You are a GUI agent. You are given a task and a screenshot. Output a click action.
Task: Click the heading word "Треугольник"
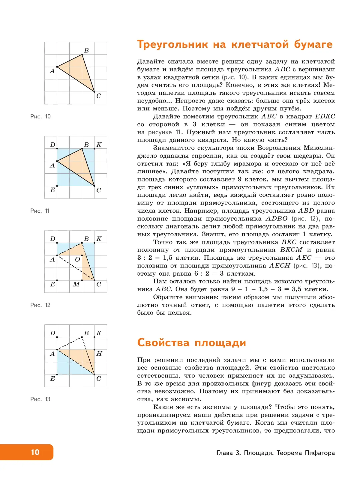(172, 45)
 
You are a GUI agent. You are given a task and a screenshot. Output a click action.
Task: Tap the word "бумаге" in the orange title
(313, 44)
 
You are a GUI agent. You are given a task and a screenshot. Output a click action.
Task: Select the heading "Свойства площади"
(191, 342)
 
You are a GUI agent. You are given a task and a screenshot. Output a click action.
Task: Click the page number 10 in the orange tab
(35, 452)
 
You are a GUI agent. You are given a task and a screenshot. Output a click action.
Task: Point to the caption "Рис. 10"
(40, 116)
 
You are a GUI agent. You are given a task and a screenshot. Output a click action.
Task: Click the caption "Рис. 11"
(40, 211)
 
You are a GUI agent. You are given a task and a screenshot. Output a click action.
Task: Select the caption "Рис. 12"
(40, 305)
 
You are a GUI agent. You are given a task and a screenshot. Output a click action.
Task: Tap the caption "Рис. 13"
(40, 399)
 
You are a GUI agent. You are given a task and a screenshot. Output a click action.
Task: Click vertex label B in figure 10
(86, 50)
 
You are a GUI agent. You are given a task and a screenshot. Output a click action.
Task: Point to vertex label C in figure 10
(98, 96)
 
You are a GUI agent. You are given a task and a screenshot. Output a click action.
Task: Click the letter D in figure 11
(52, 145)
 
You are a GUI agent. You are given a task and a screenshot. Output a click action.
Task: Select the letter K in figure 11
(99, 145)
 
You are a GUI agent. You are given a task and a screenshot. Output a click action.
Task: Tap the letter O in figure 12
(77, 259)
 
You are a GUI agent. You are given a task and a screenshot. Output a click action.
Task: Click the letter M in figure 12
(76, 284)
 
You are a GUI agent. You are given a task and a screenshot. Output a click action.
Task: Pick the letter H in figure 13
(99, 354)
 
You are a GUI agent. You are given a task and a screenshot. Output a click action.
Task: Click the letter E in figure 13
(52, 379)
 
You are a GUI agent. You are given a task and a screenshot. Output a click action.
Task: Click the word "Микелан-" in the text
(319, 148)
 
